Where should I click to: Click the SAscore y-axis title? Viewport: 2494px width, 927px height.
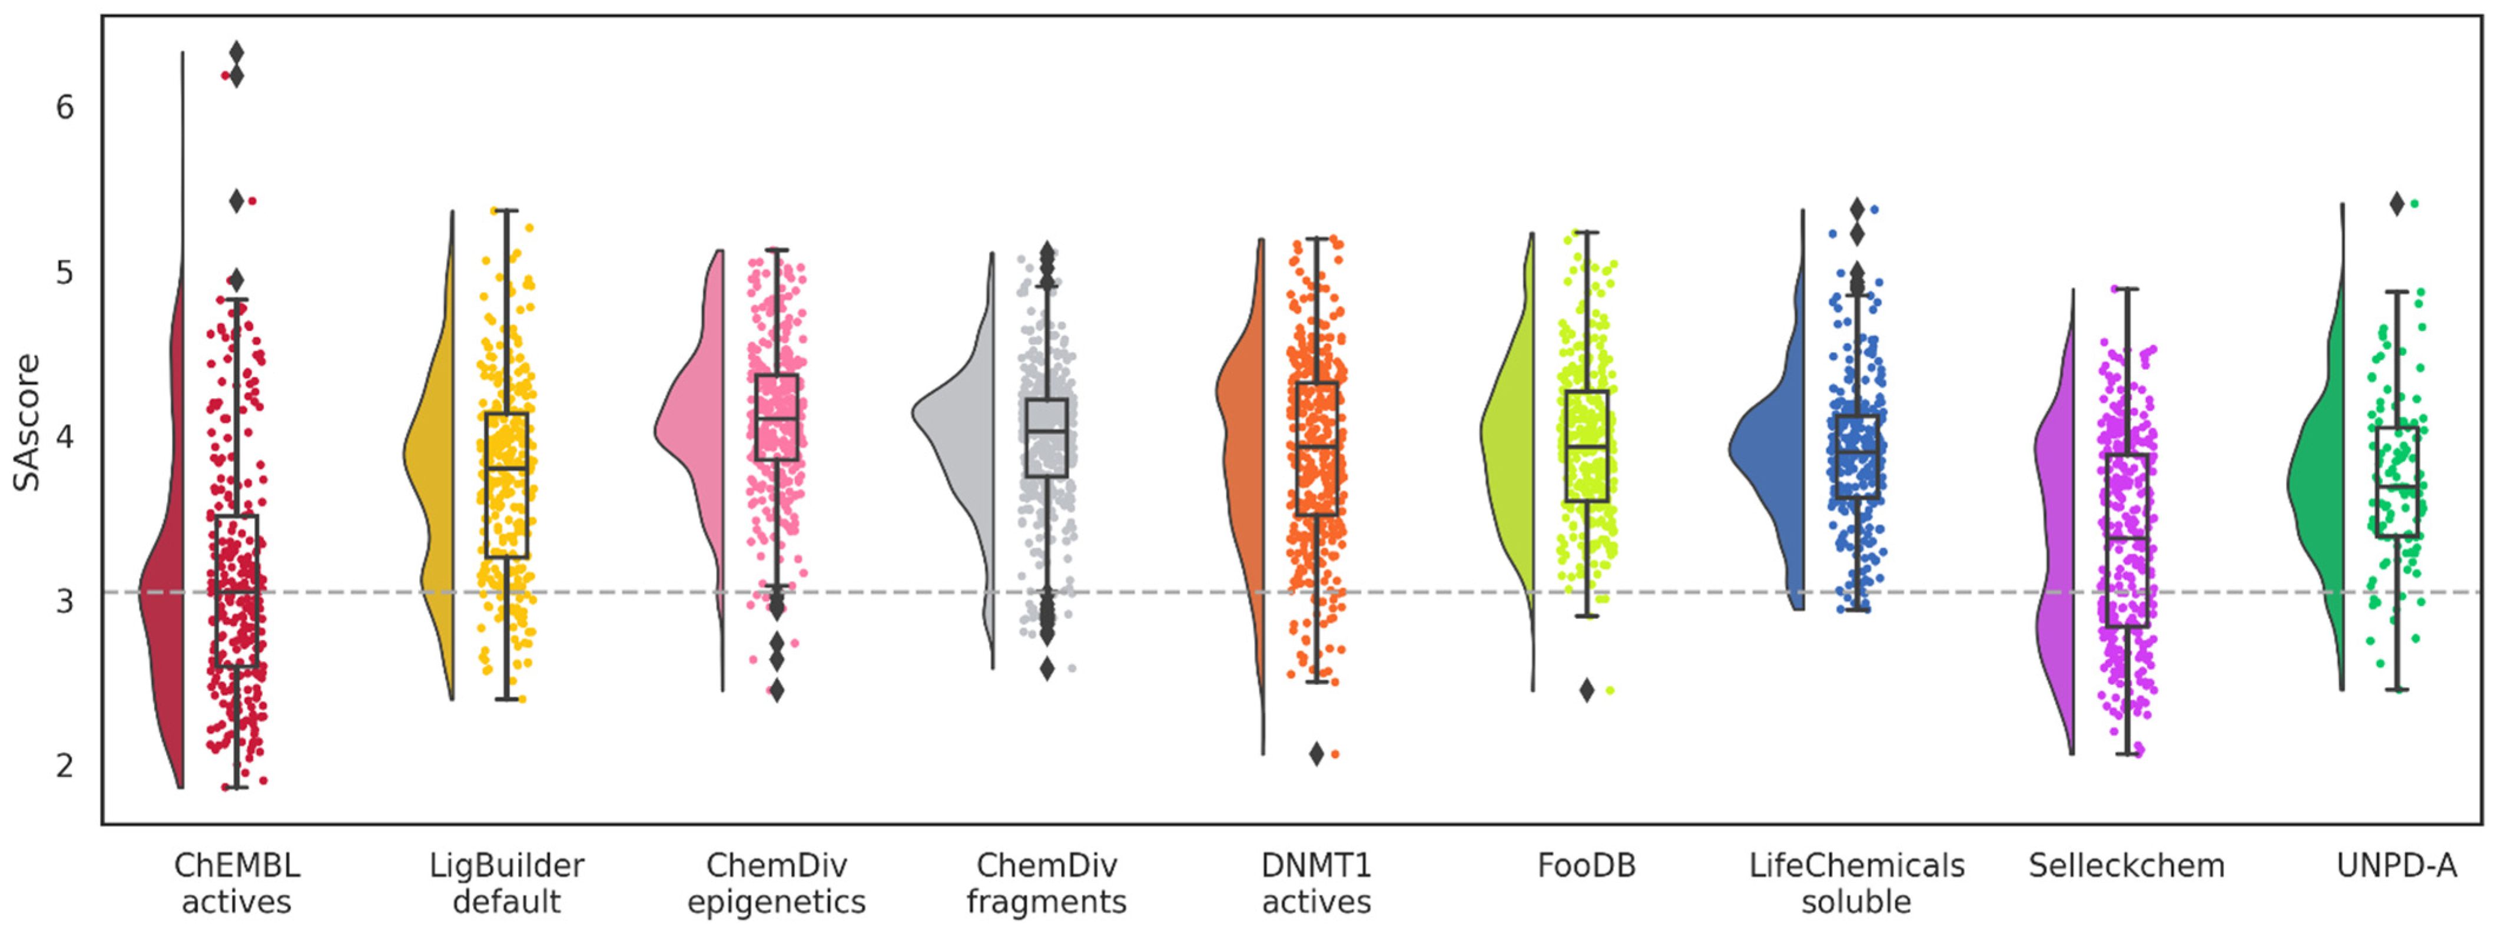coord(27,422)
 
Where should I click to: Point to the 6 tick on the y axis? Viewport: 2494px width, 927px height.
coord(65,108)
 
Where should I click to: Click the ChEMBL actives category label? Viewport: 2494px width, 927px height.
coord(236,882)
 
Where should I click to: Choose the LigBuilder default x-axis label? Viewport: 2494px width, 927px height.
coord(506,882)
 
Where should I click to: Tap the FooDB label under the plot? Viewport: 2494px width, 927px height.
coord(1586,865)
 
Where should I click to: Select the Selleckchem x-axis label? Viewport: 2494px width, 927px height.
coord(2126,865)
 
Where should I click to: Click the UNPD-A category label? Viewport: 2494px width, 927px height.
coord(2396,865)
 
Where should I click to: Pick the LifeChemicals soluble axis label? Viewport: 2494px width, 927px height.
coord(1856,882)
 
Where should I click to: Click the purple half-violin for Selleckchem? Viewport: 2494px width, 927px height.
coord(2054,542)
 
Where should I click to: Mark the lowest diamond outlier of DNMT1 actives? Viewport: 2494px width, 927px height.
coord(1316,754)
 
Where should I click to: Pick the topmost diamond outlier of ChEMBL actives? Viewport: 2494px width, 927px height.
coord(236,52)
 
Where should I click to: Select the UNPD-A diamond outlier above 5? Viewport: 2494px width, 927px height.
coord(2396,203)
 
